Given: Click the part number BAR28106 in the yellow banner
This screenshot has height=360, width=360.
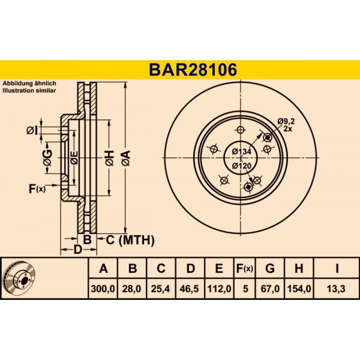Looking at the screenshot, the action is (x=193, y=69).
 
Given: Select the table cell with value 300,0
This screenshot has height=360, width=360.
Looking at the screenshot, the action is (x=103, y=288).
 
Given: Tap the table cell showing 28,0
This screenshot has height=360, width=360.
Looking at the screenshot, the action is (x=132, y=288).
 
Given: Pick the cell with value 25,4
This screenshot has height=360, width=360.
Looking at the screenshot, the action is (x=161, y=288).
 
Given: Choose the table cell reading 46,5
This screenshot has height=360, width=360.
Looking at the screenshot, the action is (x=190, y=288).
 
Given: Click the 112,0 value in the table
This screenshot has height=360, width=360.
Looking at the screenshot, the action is (x=219, y=288).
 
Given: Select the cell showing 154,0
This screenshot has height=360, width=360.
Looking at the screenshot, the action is (x=299, y=288).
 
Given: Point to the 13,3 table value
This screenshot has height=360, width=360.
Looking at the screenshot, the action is (x=337, y=288).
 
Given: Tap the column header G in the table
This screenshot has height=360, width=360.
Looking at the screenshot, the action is (x=270, y=268).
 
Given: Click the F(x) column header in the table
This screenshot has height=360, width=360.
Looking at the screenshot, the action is (x=245, y=268).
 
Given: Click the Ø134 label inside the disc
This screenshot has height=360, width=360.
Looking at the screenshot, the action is (x=242, y=152).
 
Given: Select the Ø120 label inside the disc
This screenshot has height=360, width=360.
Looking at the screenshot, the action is (x=242, y=165).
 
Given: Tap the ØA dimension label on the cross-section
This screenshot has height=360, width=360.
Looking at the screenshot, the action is (x=126, y=158).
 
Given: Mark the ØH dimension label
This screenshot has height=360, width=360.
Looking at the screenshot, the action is (x=110, y=158).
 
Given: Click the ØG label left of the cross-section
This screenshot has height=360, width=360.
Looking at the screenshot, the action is (x=47, y=158).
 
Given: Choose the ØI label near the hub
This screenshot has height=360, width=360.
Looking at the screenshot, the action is (x=32, y=131).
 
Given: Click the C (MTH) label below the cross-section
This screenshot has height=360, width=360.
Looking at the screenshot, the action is (x=130, y=240).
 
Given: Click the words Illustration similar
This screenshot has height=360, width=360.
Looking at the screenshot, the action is (x=29, y=90).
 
